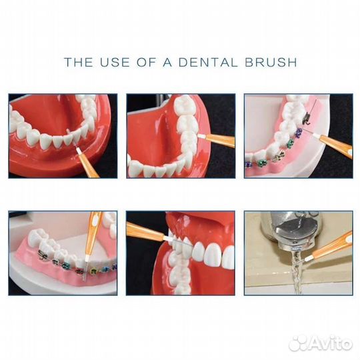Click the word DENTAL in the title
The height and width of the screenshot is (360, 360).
tap(208, 62)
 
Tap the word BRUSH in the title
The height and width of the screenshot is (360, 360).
tap(271, 62)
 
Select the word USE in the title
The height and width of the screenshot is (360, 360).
tap(115, 62)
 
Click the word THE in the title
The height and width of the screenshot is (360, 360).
tap(79, 62)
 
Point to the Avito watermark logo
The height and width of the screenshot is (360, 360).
tap(321, 343)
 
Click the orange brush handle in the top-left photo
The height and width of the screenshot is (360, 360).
tap(89, 165)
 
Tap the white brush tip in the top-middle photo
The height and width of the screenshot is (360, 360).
tap(201, 136)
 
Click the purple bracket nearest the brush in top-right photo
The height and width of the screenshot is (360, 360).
tap(298, 132)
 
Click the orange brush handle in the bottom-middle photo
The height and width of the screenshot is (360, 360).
tap(145, 231)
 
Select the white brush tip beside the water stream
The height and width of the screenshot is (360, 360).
tap(308, 258)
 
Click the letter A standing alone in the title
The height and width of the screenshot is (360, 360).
tap(167, 62)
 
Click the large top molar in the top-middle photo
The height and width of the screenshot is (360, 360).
tap(183, 105)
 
